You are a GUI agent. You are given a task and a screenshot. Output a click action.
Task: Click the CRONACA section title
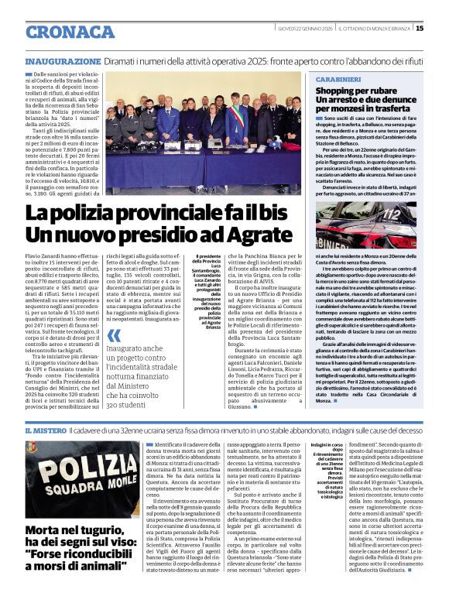click(x=70, y=32)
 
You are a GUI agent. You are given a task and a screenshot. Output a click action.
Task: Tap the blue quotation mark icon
click(x=114, y=336)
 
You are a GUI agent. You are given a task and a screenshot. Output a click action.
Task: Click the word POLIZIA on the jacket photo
click(x=75, y=473)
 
